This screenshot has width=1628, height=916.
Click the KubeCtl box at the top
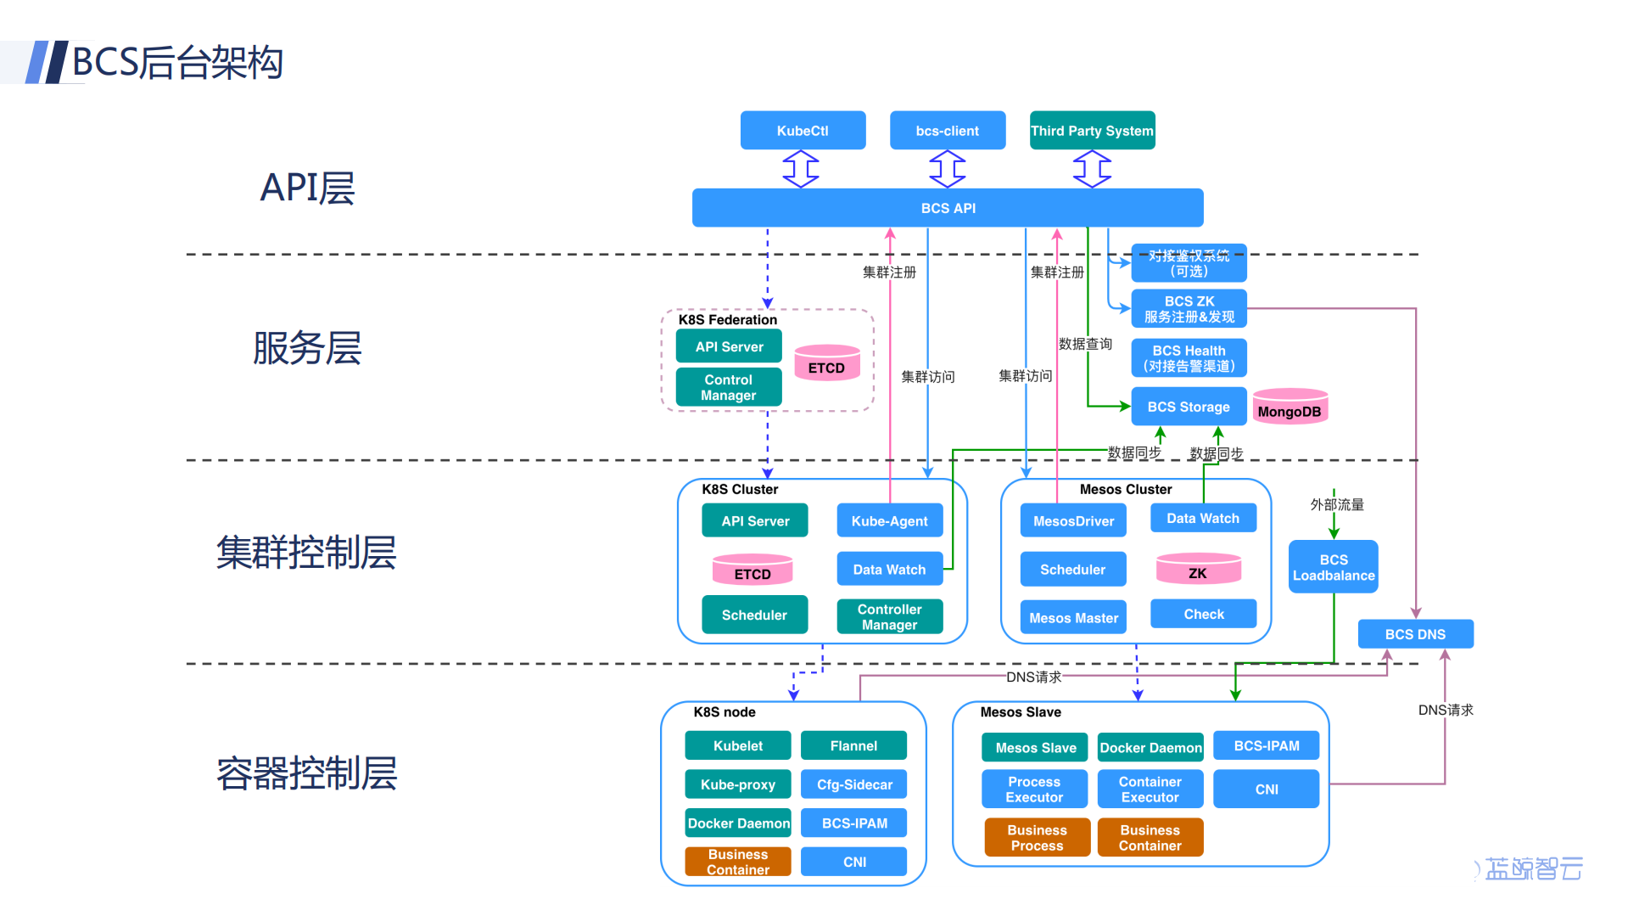click(803, 131)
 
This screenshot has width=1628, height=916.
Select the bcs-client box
click(947, 131)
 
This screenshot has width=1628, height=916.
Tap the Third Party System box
click(1092, 131)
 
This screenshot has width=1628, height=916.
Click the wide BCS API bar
click(948, 208)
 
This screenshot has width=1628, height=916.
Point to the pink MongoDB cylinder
click(1290, 408)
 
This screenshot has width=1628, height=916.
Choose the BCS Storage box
click(1188, 407)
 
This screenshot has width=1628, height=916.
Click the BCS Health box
click(1188, 358)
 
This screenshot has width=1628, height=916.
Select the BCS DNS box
click(1414, 634)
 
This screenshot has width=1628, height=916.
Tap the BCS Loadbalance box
click(1333, 567)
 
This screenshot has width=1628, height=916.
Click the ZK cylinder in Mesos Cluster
click(1198, 570)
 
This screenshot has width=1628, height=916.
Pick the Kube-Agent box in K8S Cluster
click(889, 521)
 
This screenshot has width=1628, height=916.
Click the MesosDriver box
click(1072, 521)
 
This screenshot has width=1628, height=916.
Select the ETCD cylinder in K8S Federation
click(826, 364)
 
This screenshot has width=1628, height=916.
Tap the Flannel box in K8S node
click(853, 745)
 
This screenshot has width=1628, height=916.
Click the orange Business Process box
click(1037, 838)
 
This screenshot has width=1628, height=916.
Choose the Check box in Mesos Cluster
click(1203, 614)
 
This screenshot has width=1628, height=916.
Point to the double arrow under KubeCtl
click(800, 169)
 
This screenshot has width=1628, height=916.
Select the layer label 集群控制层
click(306, 553)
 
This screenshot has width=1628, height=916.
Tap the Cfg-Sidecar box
click(853, 784)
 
